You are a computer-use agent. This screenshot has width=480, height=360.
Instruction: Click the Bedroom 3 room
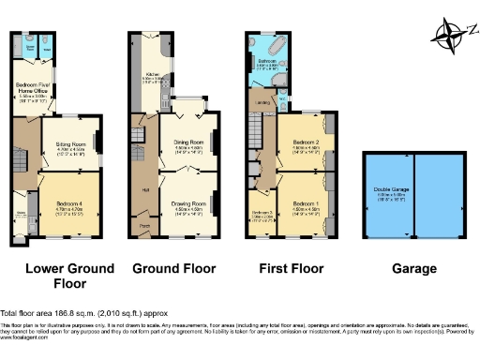click(262, 215)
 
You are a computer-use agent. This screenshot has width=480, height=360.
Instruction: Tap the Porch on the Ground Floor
click(145, 226)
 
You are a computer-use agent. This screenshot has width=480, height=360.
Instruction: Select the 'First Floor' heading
click(292, 269)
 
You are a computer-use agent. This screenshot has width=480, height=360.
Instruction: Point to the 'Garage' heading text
click(414, 269)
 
